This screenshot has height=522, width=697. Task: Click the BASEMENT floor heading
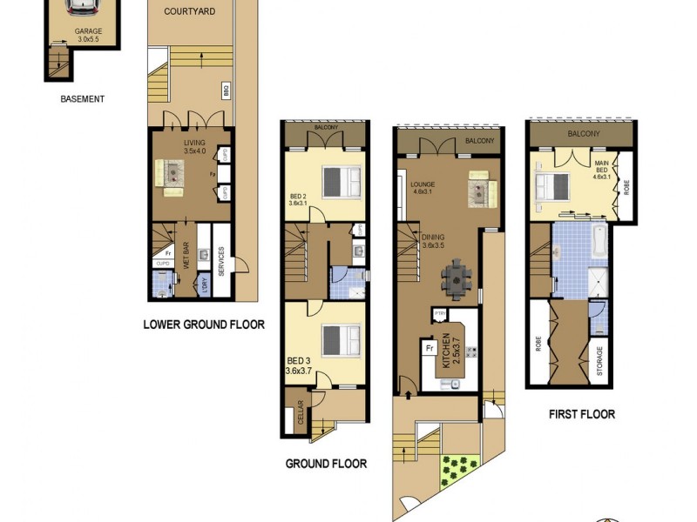coord(83,99)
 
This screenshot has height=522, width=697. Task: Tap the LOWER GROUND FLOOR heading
coord(204,325)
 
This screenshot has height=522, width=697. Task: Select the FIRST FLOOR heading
coord(582,414)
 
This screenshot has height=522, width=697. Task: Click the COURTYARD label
coord(190,11)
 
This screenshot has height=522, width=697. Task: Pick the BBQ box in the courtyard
coord(226,90)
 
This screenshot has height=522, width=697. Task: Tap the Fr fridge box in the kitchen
coord(430,348)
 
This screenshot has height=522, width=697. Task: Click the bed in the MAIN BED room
coord(552,186)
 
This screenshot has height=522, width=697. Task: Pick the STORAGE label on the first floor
coord(599,360)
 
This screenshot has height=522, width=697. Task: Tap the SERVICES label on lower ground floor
coord(222,262)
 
